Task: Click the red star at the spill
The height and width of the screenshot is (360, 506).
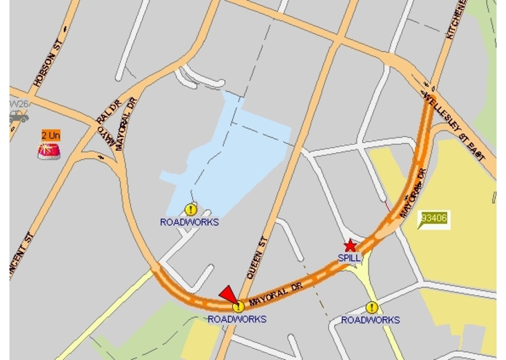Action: pos(350,246)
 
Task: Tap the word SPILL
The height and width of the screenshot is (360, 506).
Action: pos(349,258)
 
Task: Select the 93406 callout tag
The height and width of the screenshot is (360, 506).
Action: pos(435,217)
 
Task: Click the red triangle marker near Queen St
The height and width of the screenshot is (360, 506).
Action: pos(228,293)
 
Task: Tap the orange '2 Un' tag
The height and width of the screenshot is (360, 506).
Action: pos(50,136)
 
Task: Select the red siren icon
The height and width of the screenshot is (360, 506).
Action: pos(49,150)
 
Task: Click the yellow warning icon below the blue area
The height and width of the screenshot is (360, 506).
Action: pos(191,210)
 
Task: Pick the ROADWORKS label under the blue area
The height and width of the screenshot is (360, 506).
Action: pos(189,222)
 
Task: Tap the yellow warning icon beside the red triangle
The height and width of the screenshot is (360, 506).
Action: pos(237,307)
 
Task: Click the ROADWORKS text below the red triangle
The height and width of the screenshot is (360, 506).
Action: pos(237,319)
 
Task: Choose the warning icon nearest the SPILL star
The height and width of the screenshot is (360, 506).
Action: pos(372,308)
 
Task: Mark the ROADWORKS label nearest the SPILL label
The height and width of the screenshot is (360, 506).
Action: pos(371,320)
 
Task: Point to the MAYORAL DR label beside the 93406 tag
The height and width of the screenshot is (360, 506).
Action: pos(412,193)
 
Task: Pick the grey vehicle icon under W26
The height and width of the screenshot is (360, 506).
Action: pos(18,117)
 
